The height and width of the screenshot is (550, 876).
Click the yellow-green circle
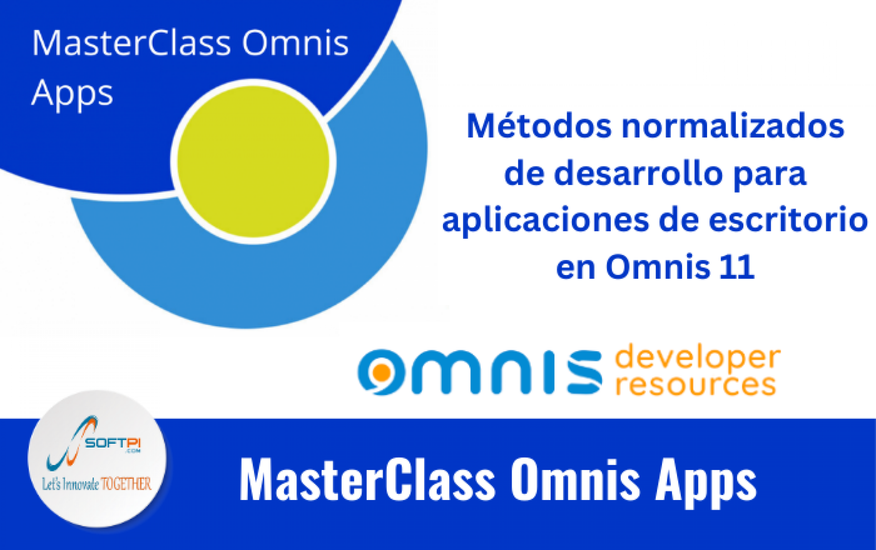[x=253, y=161]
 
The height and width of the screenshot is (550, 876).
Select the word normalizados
[x=733, y=126]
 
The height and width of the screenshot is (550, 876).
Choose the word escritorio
[x=788, y=220]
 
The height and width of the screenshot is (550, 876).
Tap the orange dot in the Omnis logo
[x=382, y=372]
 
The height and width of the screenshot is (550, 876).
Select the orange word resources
[x=696, y=385]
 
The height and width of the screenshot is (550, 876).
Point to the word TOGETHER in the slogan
[x=126, y=484]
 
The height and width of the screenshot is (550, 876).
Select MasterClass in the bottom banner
[x=367, y=480]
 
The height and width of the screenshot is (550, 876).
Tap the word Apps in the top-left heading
[x=72, y=94]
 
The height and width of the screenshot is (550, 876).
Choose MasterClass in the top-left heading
[x=131, y=43]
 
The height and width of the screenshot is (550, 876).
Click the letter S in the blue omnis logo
[x=585, y=372]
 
